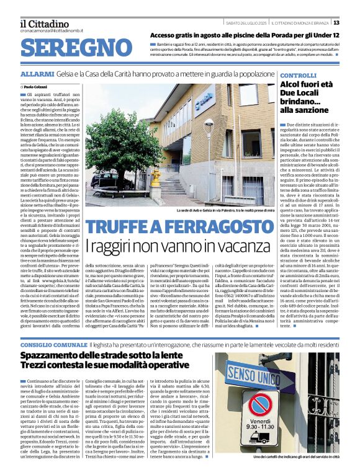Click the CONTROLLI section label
coord(299,75)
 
